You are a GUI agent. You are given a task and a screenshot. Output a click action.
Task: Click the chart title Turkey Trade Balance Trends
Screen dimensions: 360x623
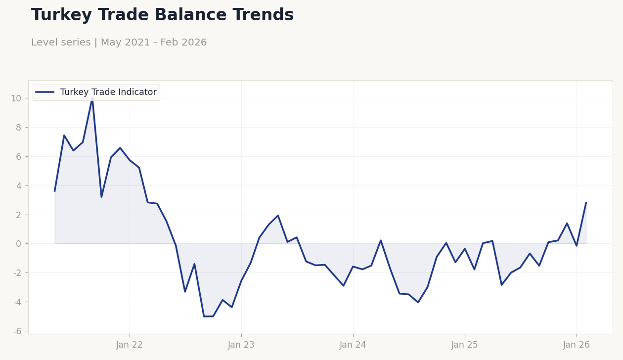click(x=162, y=15)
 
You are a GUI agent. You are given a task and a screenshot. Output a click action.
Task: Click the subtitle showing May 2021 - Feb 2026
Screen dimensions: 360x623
click(x=119, y=43)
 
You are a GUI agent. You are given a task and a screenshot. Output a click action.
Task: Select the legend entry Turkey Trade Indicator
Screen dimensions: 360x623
click(x=108, y=92)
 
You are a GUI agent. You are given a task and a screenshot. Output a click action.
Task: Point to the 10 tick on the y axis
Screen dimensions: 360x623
click(x=16, y=98)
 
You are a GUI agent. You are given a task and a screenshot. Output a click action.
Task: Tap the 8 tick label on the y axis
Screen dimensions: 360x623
click(x=19, y=128)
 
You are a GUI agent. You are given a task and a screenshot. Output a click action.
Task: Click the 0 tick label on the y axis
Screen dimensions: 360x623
click(x=19, y=244)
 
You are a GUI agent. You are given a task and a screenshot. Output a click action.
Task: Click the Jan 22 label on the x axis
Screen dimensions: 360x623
click(x=130, y=345)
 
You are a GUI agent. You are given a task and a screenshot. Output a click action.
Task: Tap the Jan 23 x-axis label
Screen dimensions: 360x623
click(x=241, y=345)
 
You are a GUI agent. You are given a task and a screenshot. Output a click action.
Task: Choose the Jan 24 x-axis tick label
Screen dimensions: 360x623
click(x=353, y=345)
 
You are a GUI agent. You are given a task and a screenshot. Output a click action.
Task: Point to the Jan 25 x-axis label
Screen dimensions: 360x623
click(x=465, y=345)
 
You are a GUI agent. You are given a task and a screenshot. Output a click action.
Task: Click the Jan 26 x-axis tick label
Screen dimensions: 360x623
click(x=577, y=345)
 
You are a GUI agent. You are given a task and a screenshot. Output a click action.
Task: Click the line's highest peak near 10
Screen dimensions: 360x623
click(x=92, y=100)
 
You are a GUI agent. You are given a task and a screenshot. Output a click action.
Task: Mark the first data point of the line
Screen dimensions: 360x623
click(x=55, y=191)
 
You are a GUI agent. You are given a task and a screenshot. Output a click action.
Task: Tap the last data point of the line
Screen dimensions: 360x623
click(x=586, y=203)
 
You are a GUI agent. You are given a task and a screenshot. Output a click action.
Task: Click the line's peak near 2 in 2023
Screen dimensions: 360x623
click(x=278, y=216)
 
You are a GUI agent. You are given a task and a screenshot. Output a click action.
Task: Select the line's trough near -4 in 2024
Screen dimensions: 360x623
click(x=418, y=302)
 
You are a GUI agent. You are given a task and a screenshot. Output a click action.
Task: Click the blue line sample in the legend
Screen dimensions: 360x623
click(x=45, y=92)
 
